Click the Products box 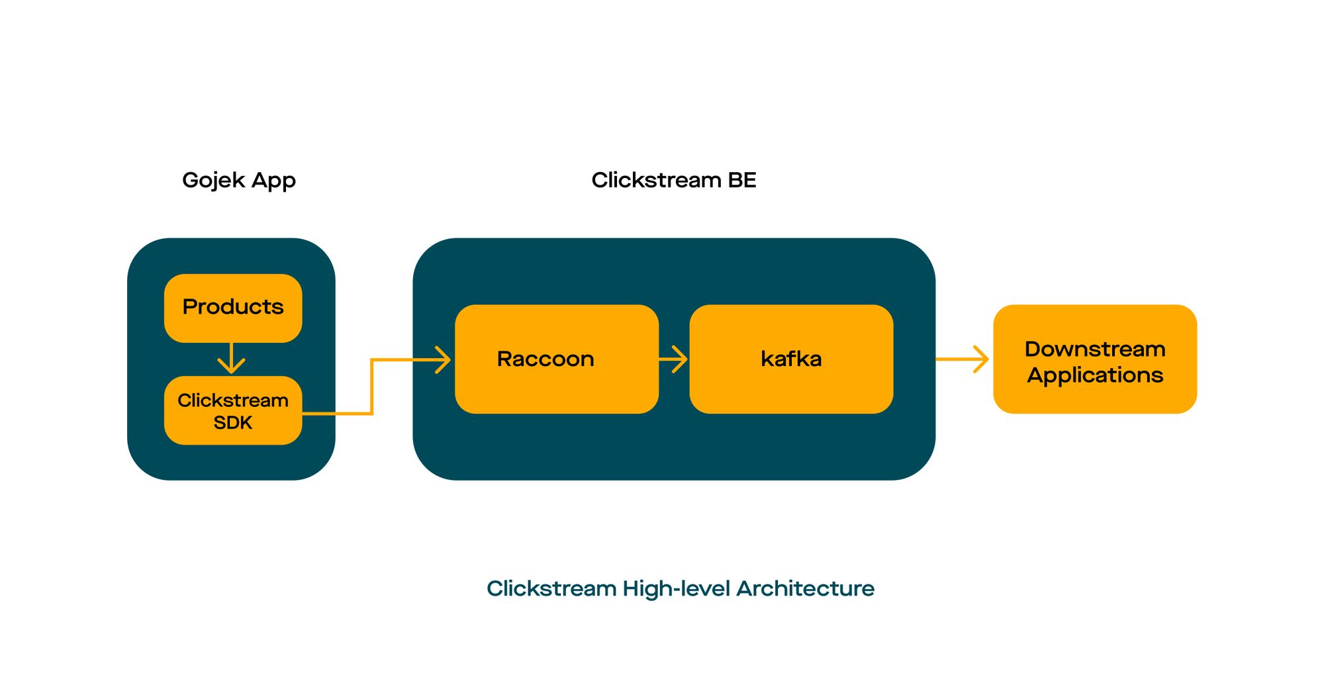point(233,308)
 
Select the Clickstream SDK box point(233,410)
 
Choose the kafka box point(791,359)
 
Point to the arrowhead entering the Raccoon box point(442,359)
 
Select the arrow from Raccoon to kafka point(674,359)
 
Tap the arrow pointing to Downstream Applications point(963,359)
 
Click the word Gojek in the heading point(213,181)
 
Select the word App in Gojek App point(273,181)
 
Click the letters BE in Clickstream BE point(741,180)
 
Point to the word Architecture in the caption point(805,588)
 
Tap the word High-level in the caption point(676,588)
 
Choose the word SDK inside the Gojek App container point(233,422)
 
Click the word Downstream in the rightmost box point(1095,349)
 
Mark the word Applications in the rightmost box point(1095,375)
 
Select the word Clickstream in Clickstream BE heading point(656,180)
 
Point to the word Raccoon point(545,359)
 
